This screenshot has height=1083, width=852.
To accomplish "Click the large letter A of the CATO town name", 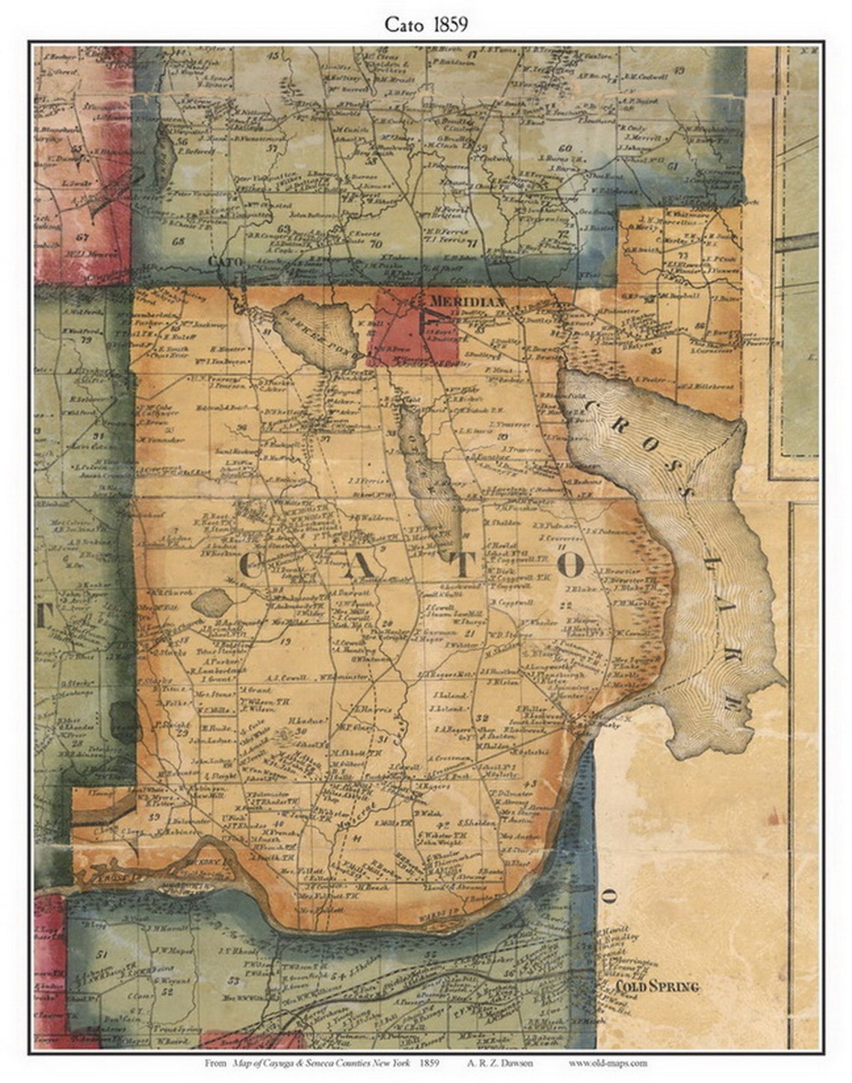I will point(357,567).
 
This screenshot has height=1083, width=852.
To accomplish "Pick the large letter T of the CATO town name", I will point(461,567).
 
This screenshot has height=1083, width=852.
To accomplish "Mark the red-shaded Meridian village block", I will point(400,329).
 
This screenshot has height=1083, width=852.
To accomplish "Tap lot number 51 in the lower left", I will point(102,954).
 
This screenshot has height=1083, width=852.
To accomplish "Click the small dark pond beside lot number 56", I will point(164,158).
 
